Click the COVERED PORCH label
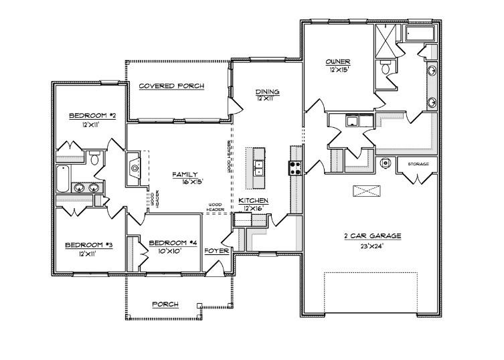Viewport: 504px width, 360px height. [171, 86]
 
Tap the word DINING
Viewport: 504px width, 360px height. [267, 92]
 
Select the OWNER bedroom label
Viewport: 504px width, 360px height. [338, 62]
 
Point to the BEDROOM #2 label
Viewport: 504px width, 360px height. [93, 116]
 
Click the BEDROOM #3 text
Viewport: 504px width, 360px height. [88, 246]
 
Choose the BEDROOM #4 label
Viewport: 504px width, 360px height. [173, 242]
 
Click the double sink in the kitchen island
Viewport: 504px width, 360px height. [258, 167]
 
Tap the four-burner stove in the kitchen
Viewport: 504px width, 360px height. [295, 167]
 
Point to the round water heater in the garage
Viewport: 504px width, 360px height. [386, 163]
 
